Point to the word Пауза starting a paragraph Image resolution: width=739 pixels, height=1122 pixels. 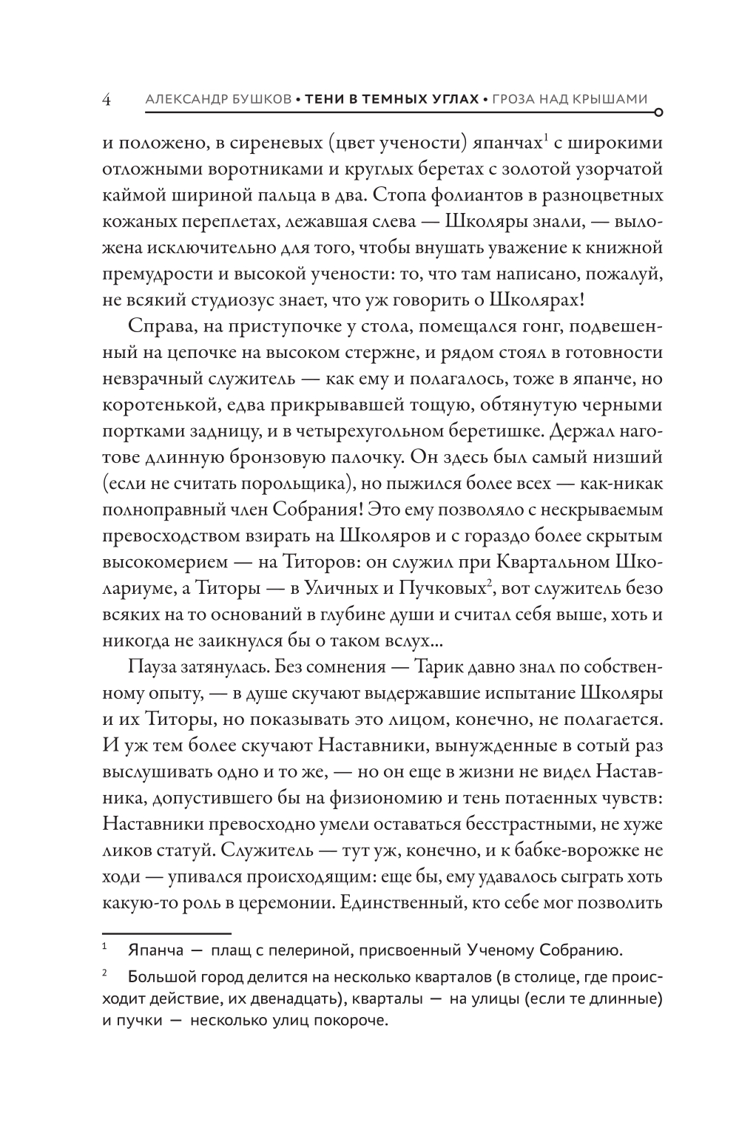(x=151, y=665)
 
